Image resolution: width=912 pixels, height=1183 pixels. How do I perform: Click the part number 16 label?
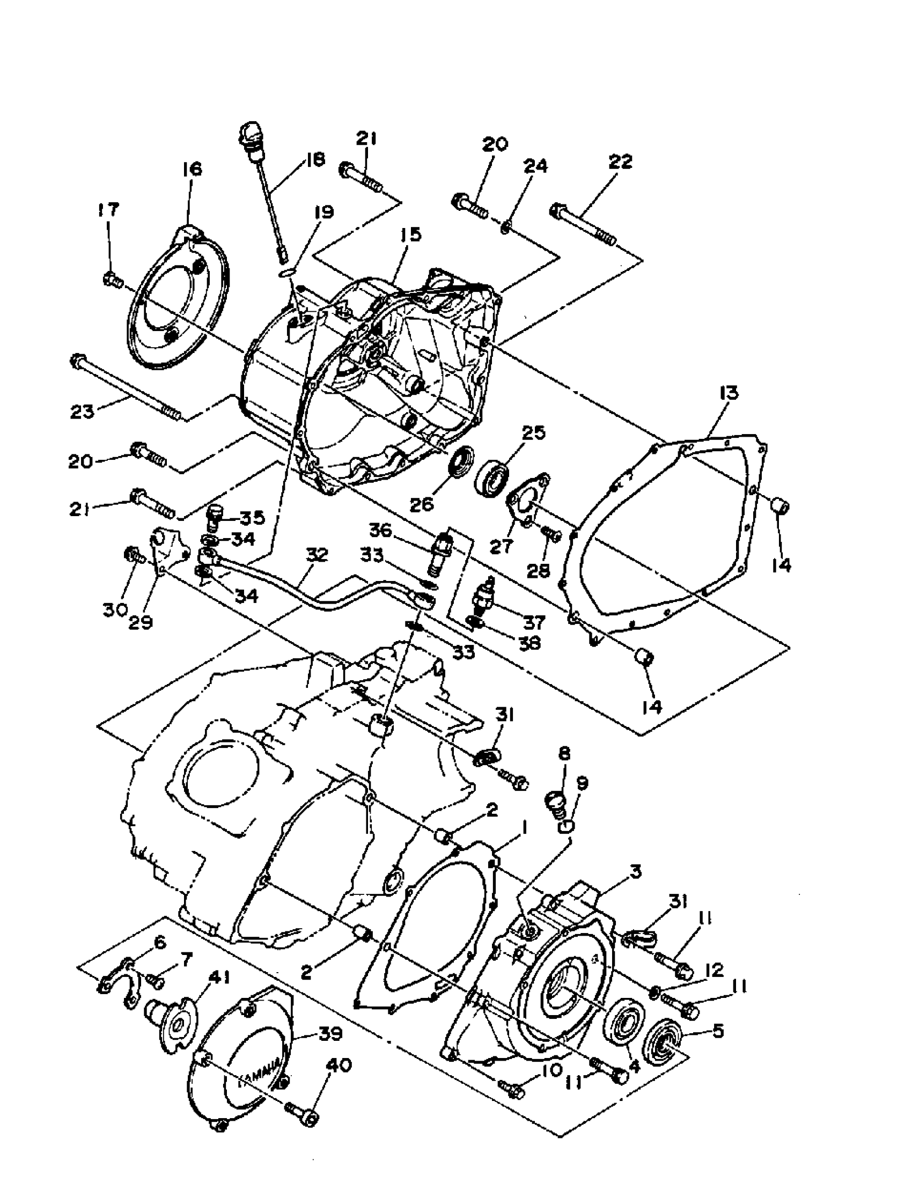[x=192, y=168]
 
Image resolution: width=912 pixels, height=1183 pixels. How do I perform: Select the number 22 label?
[x=620, y=161]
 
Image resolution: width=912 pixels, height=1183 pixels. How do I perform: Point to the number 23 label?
[x=82, y=412]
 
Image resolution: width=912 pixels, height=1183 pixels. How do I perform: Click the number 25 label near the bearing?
[x=533, y=433]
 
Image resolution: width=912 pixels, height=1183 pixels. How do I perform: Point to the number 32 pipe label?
[x=317, y=555]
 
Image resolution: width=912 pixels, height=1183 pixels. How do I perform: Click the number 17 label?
[x=108, y=210]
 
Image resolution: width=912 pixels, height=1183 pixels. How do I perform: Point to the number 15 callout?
[x=410, y=235]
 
